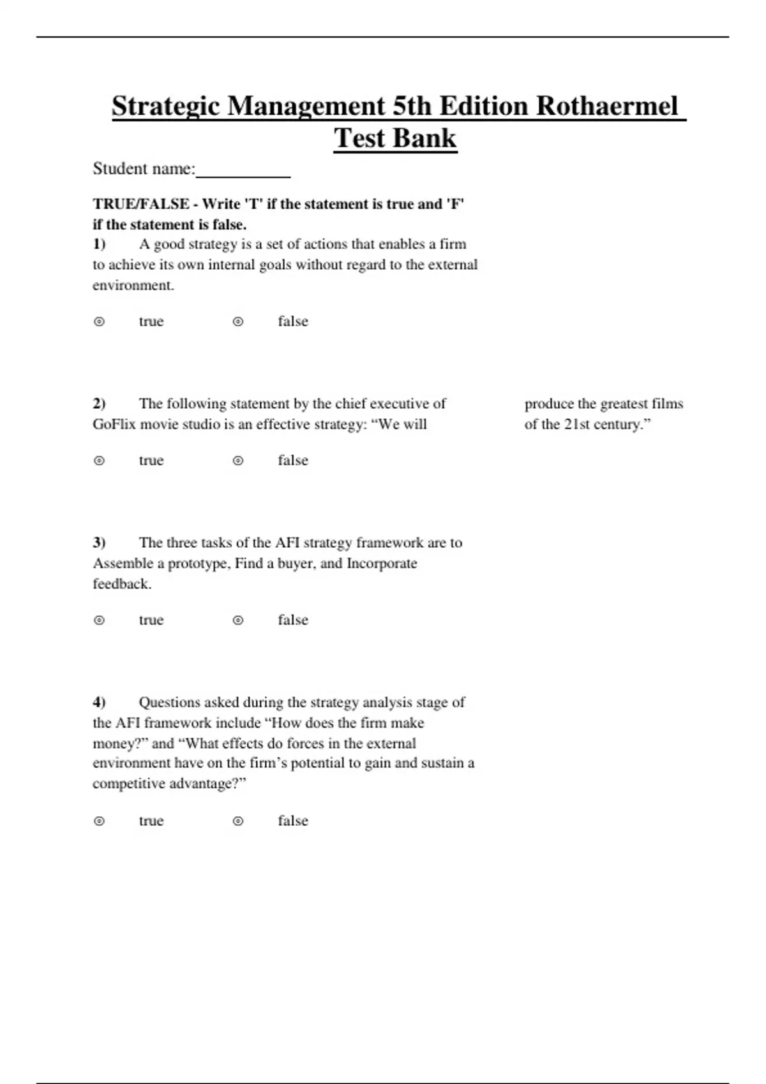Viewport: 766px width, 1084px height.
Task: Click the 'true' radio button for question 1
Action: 99,322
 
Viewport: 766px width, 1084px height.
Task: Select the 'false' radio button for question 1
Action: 238,322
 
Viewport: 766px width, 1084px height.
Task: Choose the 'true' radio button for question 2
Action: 99,461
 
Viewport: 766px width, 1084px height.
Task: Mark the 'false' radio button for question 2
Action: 238,461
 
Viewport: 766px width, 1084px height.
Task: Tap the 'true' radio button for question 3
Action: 99,620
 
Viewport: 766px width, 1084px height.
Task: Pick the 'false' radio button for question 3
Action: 238,620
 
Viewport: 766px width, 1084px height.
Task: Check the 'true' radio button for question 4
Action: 99,821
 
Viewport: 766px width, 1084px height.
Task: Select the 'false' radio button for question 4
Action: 238,821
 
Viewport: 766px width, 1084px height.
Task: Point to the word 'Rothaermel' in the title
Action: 606,106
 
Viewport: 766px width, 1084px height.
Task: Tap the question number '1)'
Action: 99,244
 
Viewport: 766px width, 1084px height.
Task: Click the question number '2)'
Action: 99,404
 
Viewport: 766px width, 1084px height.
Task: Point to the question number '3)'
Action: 99,543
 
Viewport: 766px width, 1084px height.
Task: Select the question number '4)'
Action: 99,702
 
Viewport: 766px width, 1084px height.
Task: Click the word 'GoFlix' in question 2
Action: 114,424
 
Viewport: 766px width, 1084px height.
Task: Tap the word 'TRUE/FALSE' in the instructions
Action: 141,204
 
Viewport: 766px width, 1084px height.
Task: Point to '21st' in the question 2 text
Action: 580,424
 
